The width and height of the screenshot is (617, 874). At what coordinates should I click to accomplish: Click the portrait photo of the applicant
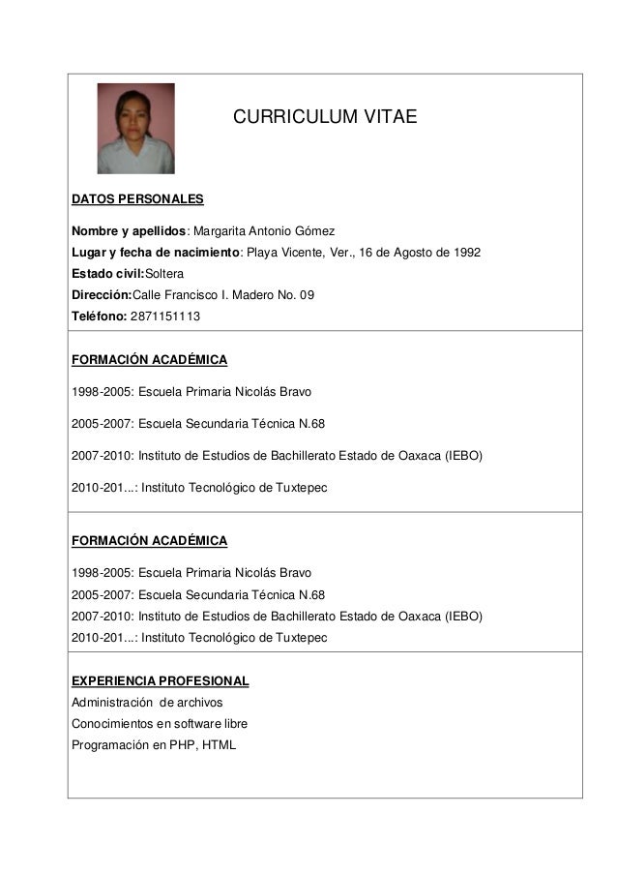point(135,129)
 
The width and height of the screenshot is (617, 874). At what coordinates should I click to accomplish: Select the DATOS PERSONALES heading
point(137,199)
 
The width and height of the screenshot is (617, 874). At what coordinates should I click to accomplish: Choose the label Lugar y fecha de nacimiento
point(155,253)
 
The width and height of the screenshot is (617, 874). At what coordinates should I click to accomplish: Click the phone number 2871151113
point(165,316)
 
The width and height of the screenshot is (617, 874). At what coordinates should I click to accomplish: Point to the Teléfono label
point(98,316)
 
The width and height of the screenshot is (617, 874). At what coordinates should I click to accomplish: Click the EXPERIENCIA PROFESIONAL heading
point(160,680)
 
